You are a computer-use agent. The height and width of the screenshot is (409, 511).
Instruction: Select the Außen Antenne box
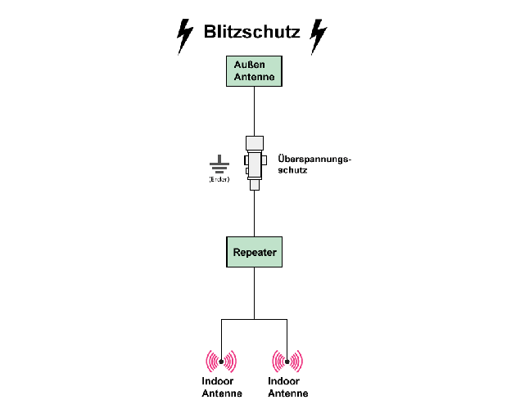(254, 71)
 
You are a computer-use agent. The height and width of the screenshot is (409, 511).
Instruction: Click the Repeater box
(254, 252)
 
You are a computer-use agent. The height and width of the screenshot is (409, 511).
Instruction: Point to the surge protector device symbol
(254, 163)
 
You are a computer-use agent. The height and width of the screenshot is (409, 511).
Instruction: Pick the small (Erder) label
(219, 179)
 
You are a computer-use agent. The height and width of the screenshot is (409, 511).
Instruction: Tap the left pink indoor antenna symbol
(220, 361)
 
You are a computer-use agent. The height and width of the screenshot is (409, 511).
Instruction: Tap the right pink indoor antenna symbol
(287, 361)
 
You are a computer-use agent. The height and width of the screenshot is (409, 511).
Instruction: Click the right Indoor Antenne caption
(287, 387)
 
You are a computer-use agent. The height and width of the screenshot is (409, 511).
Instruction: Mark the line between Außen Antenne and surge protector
(254, 110)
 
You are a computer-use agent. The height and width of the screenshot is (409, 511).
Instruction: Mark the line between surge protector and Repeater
(254, 214)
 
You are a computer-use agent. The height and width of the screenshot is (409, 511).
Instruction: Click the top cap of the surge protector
(254, 141)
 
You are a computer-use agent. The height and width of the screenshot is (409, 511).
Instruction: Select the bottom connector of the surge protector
(254, 186)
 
